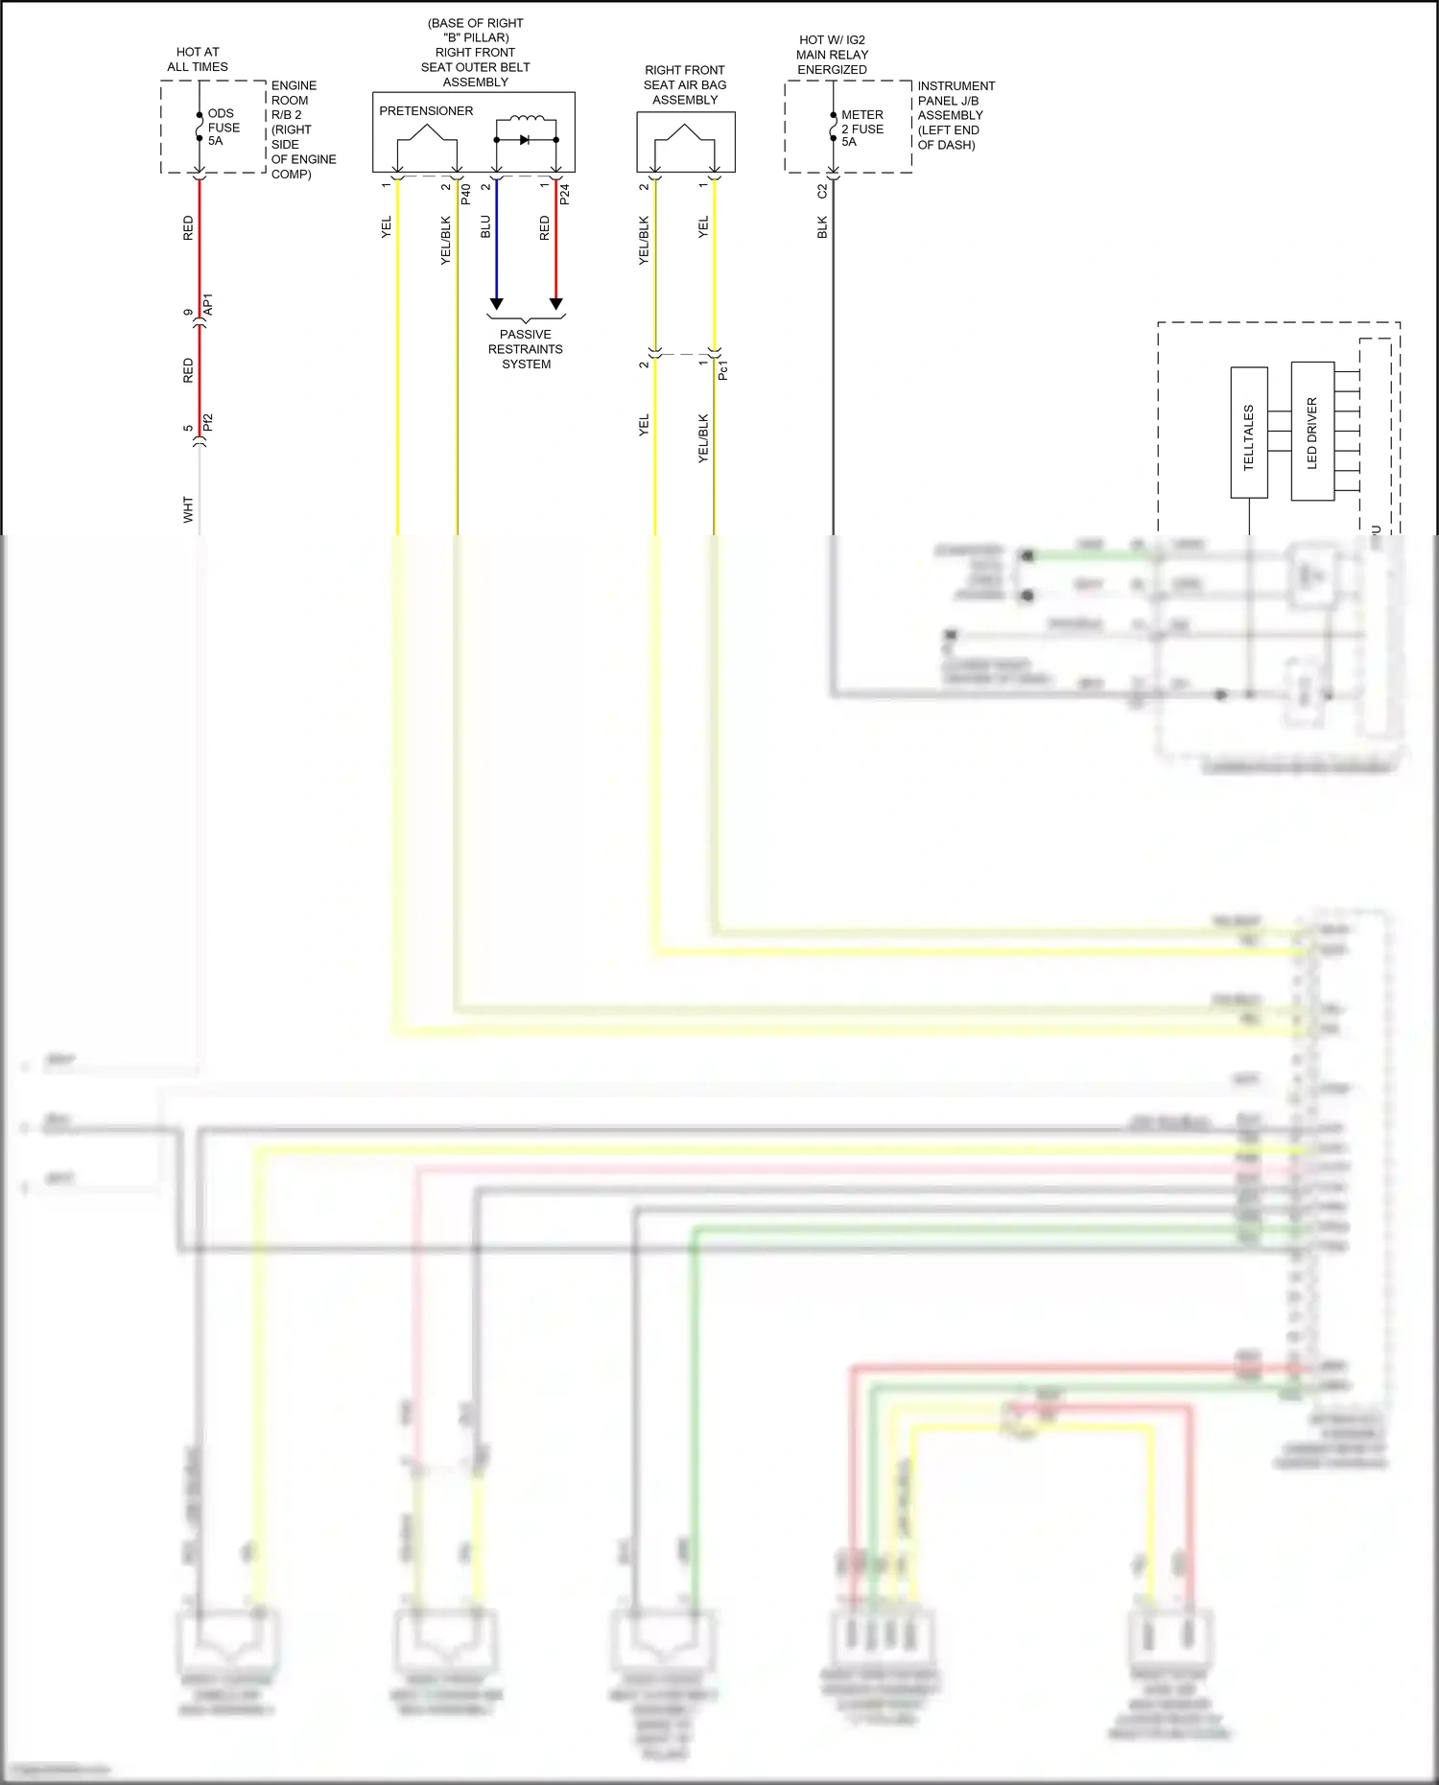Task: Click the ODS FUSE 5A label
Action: [223, 128]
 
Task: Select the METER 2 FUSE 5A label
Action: [861, 129]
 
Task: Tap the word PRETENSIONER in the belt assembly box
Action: [426, 111]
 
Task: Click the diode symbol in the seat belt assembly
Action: [525, 140]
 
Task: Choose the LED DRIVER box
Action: [1311, 432]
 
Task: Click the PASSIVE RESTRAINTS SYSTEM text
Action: [526, 349]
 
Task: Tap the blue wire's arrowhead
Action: [496, 304]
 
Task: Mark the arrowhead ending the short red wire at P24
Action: [555, 304]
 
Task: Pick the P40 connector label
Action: [466, 194]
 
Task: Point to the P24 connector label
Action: [565, 194]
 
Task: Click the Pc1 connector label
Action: [723, 370]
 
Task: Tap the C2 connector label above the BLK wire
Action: [822, 192]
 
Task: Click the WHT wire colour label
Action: [188, 510]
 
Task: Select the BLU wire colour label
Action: [485, 227]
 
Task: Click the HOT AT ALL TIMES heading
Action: [198, 59]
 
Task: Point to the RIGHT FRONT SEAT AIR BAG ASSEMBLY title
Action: [685, 85]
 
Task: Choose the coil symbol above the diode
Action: [526, 121]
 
